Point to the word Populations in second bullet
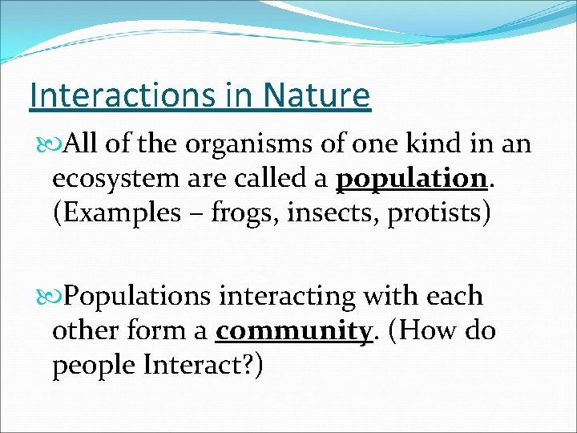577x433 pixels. pos(137,297)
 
